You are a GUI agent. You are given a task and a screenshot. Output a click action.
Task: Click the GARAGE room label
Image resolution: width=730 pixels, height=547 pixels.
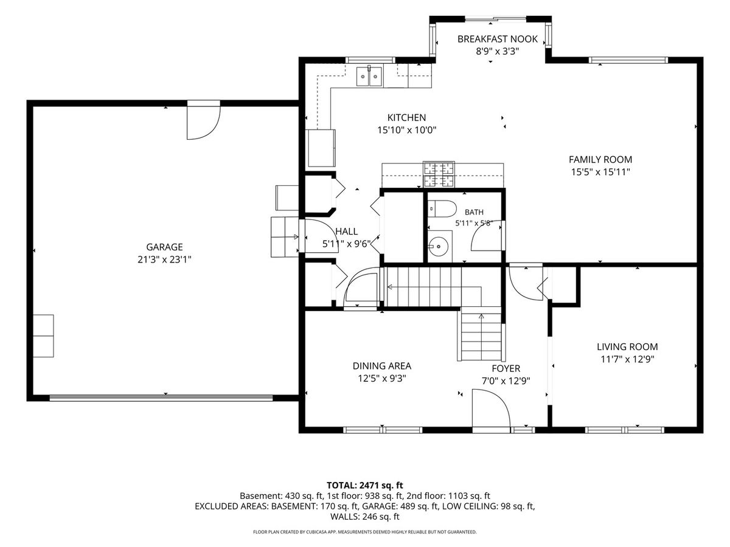[164, 247]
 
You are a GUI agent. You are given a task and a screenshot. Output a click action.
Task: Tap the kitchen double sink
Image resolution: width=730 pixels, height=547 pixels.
[369, 76]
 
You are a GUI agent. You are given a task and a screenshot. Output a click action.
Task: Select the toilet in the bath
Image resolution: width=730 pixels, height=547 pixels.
[442, 208]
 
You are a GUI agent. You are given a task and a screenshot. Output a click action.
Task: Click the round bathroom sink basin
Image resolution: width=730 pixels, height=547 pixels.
[439, 246]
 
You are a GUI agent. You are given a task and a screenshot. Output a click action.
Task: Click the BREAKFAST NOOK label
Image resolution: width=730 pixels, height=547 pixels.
[497, 39]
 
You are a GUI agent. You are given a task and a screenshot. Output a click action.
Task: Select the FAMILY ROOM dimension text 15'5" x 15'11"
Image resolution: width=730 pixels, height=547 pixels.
[600, 172]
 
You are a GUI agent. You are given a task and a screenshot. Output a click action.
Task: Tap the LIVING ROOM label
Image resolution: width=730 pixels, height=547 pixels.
[627, 346]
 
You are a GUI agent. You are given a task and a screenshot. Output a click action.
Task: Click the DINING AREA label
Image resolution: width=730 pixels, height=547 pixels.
[382, 366]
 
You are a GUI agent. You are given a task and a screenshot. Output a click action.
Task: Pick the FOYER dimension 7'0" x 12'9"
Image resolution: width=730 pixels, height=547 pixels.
[506, 380]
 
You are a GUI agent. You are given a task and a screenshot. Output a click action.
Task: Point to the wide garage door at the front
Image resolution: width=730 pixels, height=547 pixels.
[161, 397]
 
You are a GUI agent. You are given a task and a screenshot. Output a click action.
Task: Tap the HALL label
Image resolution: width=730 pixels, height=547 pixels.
[346, 232]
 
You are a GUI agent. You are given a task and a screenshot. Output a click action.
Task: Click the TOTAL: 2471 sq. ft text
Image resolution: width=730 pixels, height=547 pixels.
[365, 485]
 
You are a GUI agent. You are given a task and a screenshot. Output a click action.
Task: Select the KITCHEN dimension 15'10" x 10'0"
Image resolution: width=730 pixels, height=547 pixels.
[406, 130]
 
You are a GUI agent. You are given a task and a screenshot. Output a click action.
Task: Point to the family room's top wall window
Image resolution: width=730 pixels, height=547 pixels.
[628, 60]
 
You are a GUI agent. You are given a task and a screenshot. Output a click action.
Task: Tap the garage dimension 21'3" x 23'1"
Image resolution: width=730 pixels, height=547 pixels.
[164, 260]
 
